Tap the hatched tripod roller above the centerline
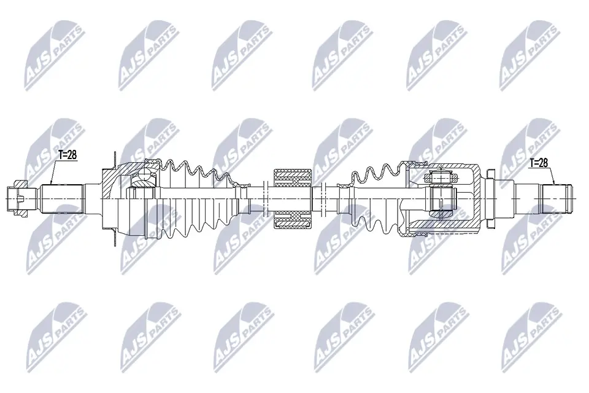click(441, 178)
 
